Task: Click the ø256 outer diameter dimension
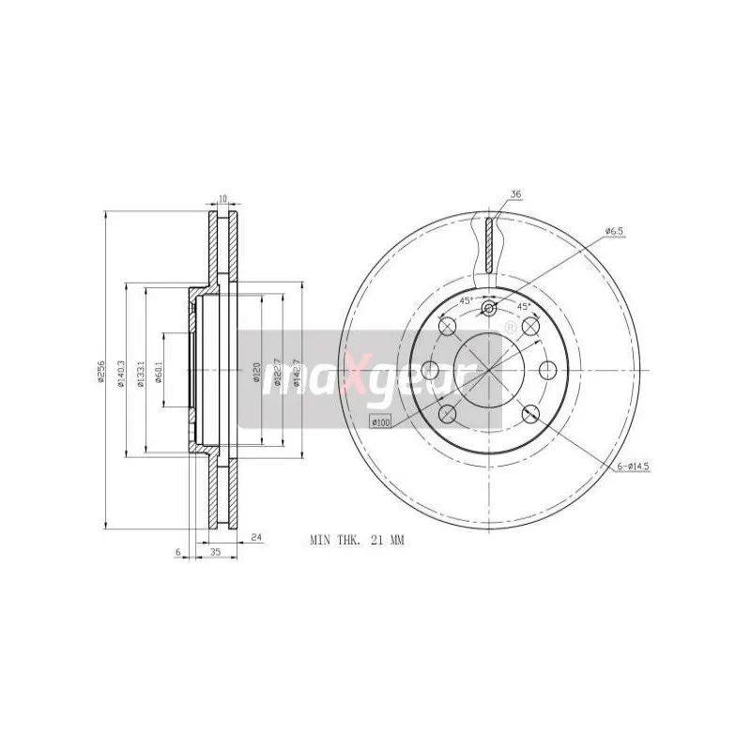coord(98,373)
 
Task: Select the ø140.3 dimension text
coord(121,373)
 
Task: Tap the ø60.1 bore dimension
coord(159,373)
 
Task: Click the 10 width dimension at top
coord(222,199)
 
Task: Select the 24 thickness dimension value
coord(255,538)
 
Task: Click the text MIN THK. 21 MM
coord(356,541)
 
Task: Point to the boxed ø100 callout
coord(381,423)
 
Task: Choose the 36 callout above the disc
coord(514,194)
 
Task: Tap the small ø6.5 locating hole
coord(488,309)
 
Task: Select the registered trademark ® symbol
coord(510,327)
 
